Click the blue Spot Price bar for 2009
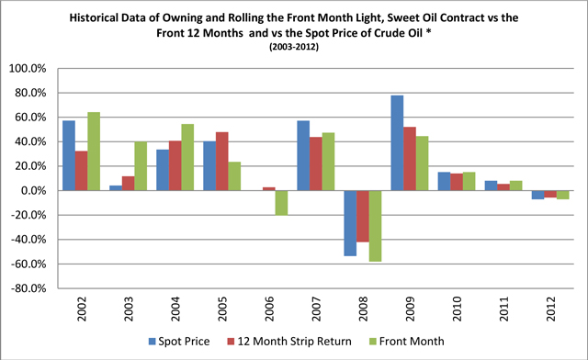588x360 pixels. [x=397, y=143]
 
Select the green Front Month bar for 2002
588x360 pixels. [x=94, y=152]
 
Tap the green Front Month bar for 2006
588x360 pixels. [x=281, y=203]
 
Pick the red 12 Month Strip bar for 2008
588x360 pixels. [x=363, y=216]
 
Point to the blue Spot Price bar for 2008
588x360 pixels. [x=350, y=223]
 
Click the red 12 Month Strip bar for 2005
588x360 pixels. [x=222, y=162]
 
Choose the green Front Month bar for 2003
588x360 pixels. [x=141, y=166]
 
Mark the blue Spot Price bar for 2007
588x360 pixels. [x=303, y=155]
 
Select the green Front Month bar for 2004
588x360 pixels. [x=187, y=157]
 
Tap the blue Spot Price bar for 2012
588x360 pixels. [x=537, y=195]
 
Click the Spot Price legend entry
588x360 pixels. [x=179, y=342]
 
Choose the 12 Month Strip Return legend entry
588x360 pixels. [x=289, y=342]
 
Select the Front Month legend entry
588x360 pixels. [x=407, y=342]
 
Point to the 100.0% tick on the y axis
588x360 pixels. [x=28, y=69]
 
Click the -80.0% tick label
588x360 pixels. [x=28, y=288]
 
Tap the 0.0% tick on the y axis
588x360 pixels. [x=34, y=190]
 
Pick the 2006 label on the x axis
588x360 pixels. [x=269, y=309]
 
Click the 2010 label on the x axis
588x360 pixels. [x=457, y=309]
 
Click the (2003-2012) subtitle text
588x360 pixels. [x=294, y=47]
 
